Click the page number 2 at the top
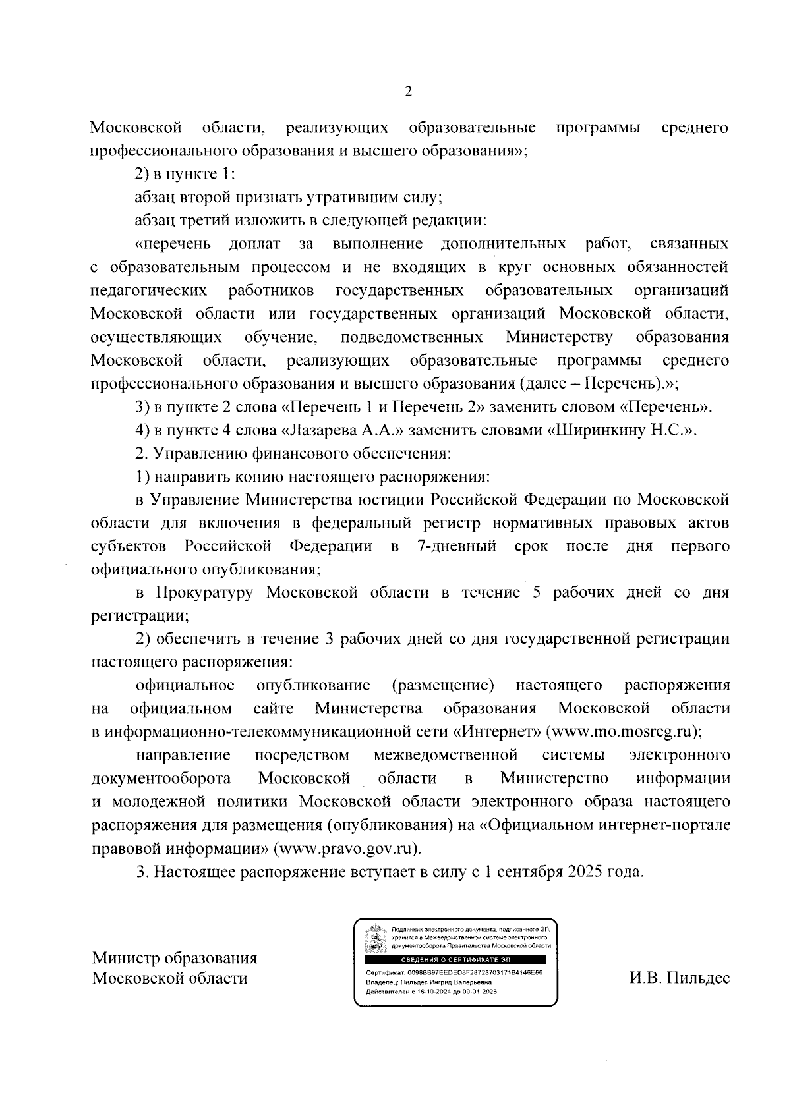tap(407, 92)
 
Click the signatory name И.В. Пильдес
tap(679, 978)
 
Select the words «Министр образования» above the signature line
tap(175, 958)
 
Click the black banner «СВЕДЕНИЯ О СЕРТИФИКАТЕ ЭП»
tap(455, 959)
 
